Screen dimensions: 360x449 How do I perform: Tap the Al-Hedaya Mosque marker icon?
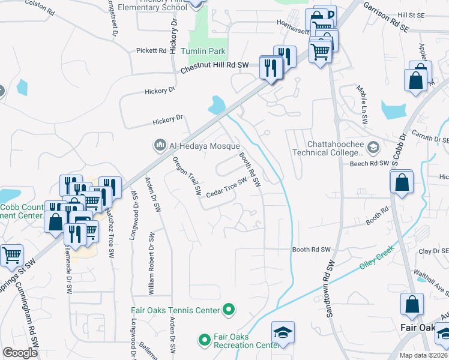click(160, 145)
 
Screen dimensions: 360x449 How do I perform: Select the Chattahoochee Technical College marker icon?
click(373, 147)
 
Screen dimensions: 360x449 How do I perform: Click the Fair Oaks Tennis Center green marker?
click(228, 310)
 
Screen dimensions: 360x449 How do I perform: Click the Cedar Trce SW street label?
click(227, 188)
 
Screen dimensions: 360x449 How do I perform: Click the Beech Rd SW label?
click(370, 163)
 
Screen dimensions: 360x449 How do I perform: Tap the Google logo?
click(20, 353)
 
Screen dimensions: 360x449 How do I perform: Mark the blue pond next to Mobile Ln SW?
click(394, 110)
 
